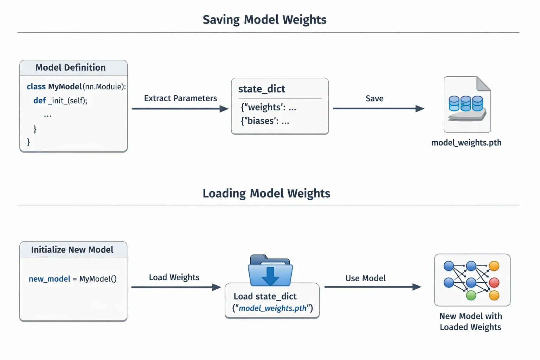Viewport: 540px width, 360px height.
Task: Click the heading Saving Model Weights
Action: pyautogui.click(x=264, y=20)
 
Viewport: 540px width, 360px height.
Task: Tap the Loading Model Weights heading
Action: pyautogui.click(x=266, y=194)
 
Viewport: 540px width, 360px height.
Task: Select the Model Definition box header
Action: pyautogui.click(x=73, y=68)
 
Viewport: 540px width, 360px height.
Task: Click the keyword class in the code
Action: pyautogui.click(x=36, y=86)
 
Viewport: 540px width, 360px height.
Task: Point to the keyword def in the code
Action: pyautogui.click(x=39, y=101)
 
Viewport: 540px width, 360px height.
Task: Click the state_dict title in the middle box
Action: pyautogui.click(x=262, y=89)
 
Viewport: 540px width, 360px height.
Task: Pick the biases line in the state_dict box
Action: pyautogui.click(x=265, y=121)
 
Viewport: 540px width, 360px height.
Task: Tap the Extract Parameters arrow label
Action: pyautogui.click(x=181, y=98)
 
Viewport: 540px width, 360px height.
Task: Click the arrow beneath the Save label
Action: pyautogui.click(x=379, y=109)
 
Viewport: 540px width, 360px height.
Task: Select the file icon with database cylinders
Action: pyautogui.click(x=467, y=104)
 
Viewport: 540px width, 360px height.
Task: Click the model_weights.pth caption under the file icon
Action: pyautogui.click(x=466, y=143)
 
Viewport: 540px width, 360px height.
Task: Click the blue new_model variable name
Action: pyautogui.click(x=50, y=279)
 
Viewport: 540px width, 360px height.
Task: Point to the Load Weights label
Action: pyautogui.click(x=174, y=277)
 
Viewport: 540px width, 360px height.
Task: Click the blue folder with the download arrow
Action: pyautogui.click(x=270, y=270)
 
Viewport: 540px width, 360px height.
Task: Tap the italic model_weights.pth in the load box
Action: pyautogui.click(x=272, y=308)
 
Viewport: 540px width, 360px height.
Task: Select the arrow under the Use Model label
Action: pyautogui.click(x=373, y=287)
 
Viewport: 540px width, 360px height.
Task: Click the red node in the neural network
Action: pyautogui.click(x=494, y=283)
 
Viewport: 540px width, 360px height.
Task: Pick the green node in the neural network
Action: pyautogui.click(x=471, y=295)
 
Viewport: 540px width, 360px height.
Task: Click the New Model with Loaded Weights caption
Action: pyautogui.click(x=471, y=322)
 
